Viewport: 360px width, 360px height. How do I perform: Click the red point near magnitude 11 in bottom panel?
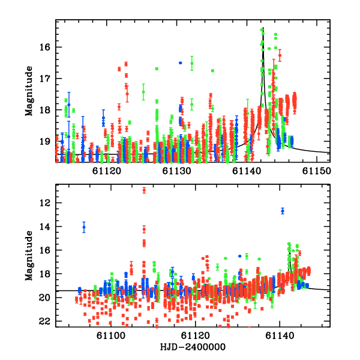(x=144, y=190)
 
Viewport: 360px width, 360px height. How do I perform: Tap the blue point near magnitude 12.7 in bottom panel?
(x=283, y=211)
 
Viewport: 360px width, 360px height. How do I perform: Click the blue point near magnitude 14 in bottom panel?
(x=84, y=227)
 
